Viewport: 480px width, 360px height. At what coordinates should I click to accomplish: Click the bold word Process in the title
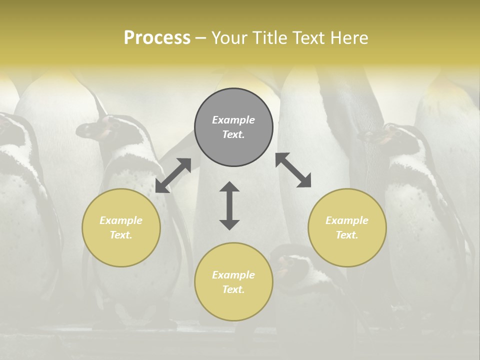(157, 38)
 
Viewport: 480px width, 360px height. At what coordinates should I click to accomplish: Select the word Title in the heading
(267, 38)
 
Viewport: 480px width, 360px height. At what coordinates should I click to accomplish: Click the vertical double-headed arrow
(229, 205)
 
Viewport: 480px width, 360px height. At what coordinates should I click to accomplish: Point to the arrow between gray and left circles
(173, 175)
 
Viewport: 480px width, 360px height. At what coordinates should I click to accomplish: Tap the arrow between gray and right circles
(293, 170)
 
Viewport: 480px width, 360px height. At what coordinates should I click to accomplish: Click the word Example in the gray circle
(233, 120)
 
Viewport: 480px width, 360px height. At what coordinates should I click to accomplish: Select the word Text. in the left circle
(121, 235)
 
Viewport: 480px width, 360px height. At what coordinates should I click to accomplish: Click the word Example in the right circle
(347, 220)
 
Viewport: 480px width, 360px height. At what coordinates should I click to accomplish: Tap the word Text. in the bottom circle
(233, 289)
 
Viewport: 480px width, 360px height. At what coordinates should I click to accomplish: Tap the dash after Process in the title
(200, 38)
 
